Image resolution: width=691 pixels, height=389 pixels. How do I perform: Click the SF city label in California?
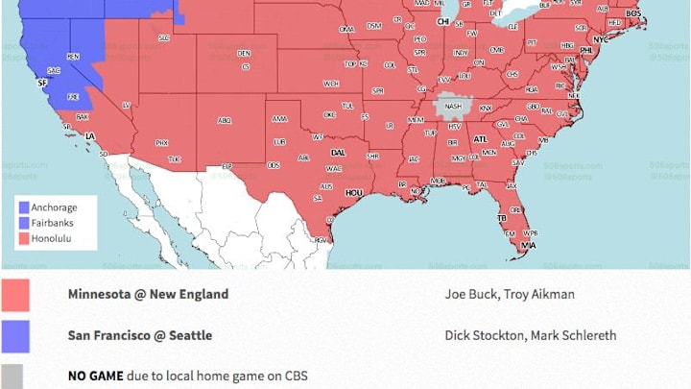[x=41, y=84]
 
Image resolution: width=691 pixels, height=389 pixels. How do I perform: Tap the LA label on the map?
[x=90, y=136]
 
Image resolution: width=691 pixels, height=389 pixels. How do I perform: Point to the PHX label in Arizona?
[x=161, y=142]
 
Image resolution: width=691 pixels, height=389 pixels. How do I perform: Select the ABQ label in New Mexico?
[x=225, y=120]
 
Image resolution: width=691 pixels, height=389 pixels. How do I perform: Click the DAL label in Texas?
[x=338, y=152]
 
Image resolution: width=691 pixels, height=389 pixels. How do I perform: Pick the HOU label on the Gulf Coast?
[x=354, y=192]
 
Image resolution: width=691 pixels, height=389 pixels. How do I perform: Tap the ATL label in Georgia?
[x=481, y=139]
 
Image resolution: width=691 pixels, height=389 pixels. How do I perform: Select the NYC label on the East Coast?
[x=601, y=39]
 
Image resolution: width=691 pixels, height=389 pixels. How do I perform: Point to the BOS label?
[x=633, y=13]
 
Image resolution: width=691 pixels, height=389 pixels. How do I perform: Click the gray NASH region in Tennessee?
[x=452, y=107]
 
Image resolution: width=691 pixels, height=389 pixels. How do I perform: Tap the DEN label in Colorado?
[x=244, y=53]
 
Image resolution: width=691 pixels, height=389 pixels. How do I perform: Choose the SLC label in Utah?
[x=164, y=37]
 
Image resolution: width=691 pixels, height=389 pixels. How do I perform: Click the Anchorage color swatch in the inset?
[x=23, y=207]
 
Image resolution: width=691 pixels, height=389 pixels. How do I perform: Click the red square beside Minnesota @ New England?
[x=15, y=295]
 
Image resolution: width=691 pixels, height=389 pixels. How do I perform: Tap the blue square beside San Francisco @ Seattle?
[x=15, y=335]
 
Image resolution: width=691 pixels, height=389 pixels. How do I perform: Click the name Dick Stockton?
[x=479, y=335]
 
